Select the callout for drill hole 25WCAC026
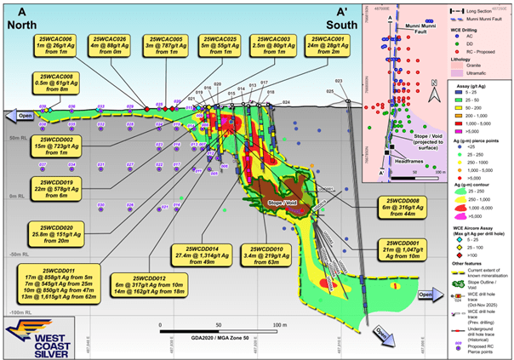point(109,47)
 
